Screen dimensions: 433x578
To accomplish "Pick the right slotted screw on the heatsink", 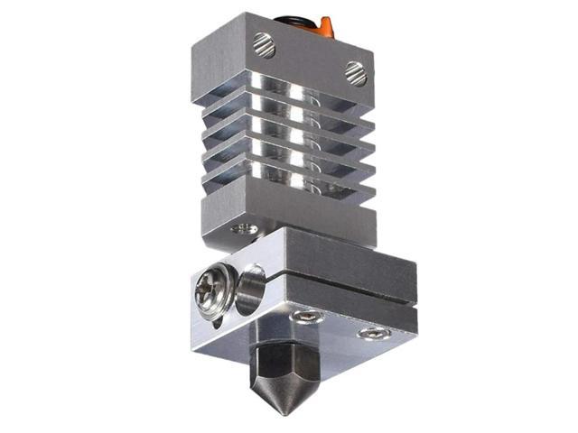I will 357,73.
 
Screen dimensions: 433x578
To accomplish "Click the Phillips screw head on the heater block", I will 215,291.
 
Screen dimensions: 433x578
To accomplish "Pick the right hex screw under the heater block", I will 368,334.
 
